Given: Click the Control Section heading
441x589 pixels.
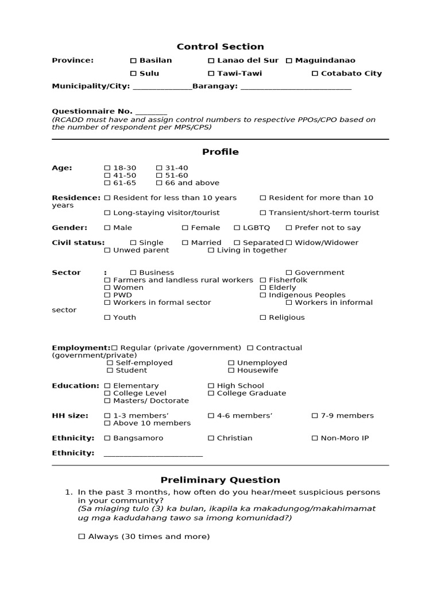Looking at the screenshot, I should point(220,47).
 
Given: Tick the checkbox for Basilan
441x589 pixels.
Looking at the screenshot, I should point(133,60).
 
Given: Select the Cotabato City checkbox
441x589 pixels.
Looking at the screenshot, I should point(315,74).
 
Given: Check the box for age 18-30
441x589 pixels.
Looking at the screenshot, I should point(107,168).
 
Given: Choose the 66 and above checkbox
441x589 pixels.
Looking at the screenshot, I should point(159,183).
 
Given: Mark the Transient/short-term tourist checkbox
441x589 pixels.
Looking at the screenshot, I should point(263,213).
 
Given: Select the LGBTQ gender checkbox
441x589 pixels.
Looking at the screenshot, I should point(237,228).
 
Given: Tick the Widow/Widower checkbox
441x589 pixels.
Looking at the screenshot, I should point(289,243).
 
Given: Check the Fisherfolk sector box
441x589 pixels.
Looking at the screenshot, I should point(263,280).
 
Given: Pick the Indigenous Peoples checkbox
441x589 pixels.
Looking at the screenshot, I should point(263,295).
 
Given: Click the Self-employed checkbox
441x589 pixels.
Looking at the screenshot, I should point(110,363).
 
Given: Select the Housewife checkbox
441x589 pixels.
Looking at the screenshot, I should point(231,370).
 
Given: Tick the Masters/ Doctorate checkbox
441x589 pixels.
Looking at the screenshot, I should point(107,401).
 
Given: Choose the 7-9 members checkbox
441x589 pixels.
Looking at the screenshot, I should point(315,416).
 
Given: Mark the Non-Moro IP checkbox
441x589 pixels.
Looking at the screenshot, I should point(315,438).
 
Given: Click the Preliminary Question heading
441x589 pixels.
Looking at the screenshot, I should point(220,480).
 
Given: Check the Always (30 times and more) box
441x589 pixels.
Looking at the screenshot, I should point(82,537).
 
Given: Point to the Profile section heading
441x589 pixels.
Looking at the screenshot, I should point(220,152).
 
